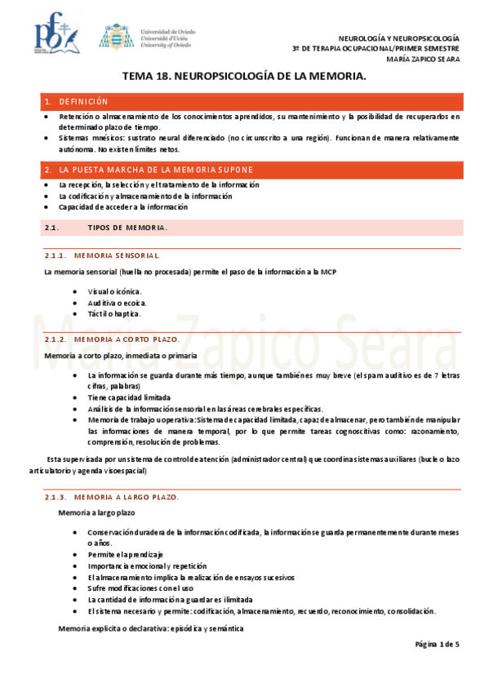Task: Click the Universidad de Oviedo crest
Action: tap(113, 37)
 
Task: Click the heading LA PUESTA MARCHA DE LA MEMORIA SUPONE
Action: tap(156, 170)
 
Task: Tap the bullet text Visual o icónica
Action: tap(115, 291)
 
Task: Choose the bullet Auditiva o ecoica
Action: tap(118, 303)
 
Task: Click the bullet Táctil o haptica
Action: tap(114, 313)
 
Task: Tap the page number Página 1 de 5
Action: tap(437, 645)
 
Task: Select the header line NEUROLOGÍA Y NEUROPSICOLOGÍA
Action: tap(400, 38)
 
